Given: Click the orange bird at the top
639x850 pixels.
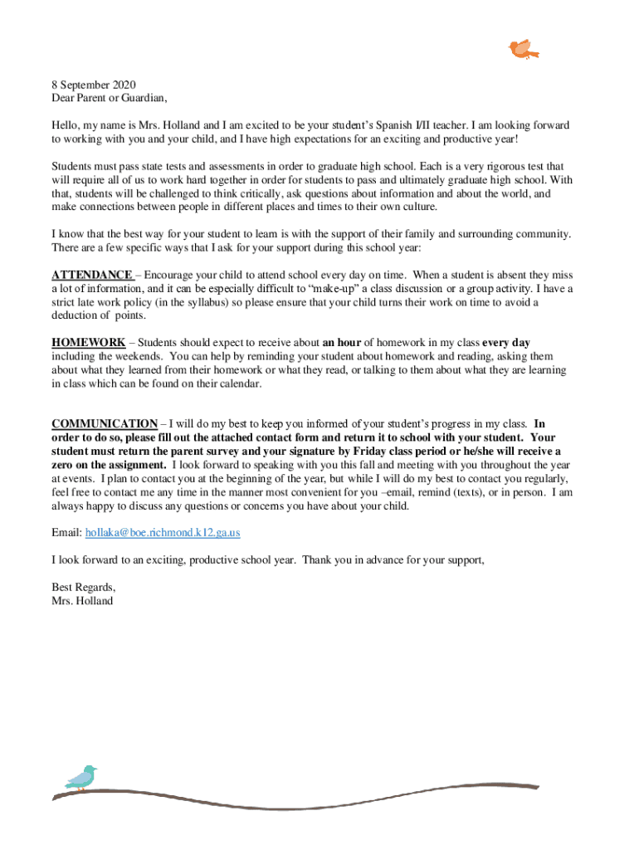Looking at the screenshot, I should [522, 49].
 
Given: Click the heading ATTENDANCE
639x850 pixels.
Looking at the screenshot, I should [91, 275].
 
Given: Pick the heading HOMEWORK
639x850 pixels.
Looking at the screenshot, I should [89, 342].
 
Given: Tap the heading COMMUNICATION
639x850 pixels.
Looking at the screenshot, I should [105, 423].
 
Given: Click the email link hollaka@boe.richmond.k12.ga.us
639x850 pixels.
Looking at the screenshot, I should [163, 532].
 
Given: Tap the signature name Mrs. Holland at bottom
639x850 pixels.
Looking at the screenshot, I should [82, 600].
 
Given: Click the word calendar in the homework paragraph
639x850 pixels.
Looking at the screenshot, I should [240, 384].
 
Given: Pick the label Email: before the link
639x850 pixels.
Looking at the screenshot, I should [66, 532].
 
